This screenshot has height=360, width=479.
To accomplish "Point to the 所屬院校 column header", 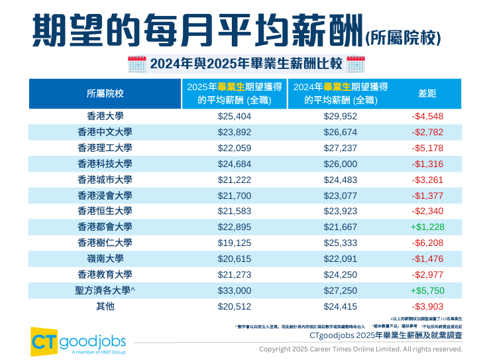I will (105, 93).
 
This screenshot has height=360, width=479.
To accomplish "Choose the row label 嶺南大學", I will (105, 259).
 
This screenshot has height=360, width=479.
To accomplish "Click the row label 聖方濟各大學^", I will (105, 291).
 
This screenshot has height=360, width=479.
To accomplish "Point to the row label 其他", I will (105, 307).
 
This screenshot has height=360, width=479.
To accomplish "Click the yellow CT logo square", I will (43, 340).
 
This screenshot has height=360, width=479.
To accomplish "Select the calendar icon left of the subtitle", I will (136, 64).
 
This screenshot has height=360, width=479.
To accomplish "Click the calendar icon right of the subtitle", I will (355, 64).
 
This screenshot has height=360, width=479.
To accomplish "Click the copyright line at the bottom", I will (360, 349).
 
